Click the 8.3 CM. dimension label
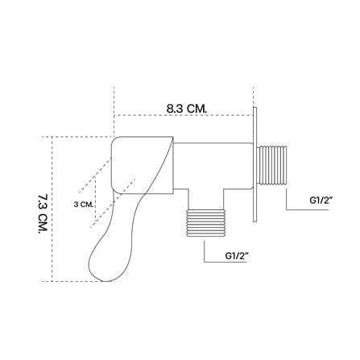pyautogui.click(x=187, y=109)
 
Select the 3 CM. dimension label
pyautogui.click(x=84, y=205)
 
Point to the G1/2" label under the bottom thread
pyautogui.click(x=236, y=255)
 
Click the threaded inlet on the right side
pyautogui.click(x=272, y=165)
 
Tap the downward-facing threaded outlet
pyautogui.click(x=205, y=223)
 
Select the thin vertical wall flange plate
pyautogui.click(x=254, y=164)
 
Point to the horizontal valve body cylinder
pyautogui.click(x=213, y=165)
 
